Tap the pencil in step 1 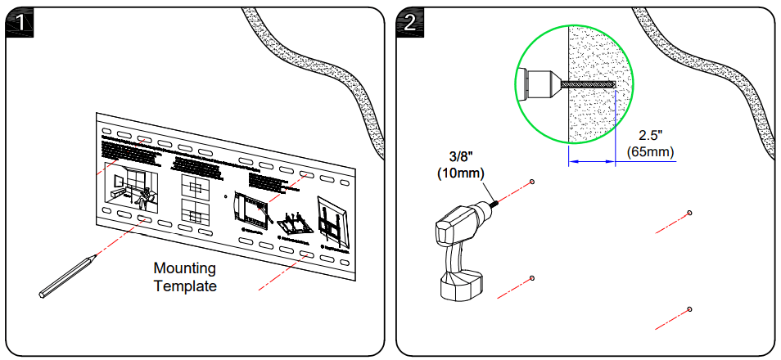click(67, 275)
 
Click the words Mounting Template click(186, 277)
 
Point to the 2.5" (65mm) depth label click(651, 143)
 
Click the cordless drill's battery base click(462, 286)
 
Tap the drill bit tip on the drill click(497, 203)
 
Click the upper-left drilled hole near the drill click(532, 182)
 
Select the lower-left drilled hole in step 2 click(532, 278)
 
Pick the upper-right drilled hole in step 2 click(690, 213)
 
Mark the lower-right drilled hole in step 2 click(690, 308)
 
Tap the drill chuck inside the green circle click(540, 83)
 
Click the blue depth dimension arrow click(591, 162)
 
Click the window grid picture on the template click(196, 198)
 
